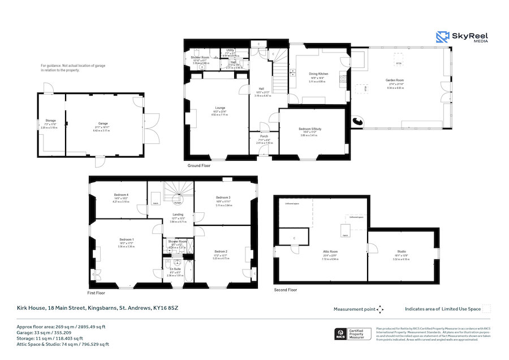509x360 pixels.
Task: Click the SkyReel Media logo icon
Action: tap(442, 37)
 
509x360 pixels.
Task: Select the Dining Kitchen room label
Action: tap(318, 74)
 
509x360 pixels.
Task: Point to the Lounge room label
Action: tap(220, 108)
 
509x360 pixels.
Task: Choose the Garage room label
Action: tap(103, 123)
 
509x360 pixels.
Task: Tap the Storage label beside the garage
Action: tap(50, 121)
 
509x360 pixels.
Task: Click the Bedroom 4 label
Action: tap(120, 195)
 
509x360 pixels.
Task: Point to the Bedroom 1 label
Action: tap(126, 239)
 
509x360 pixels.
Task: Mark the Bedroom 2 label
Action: tap(221, 251)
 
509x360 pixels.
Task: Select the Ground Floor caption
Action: tap(199, 166)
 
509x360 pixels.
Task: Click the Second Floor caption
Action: tap(285, 290)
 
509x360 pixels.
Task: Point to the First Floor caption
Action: tap(96, 293)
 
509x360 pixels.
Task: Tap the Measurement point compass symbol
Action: tap(380, 309)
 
